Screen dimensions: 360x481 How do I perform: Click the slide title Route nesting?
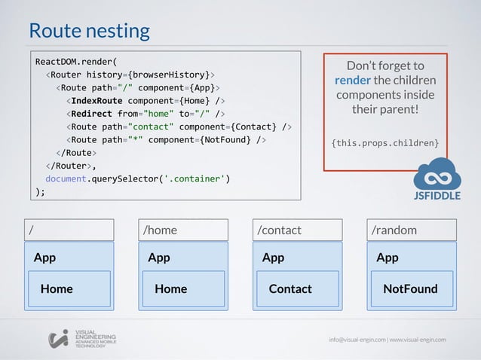pos(89,31)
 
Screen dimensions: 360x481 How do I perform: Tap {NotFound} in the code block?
pos(226,139)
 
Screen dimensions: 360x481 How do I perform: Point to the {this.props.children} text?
pos(384,143)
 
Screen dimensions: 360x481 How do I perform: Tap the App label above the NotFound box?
pos(388,258)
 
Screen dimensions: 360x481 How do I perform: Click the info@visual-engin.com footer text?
pos(357,340)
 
